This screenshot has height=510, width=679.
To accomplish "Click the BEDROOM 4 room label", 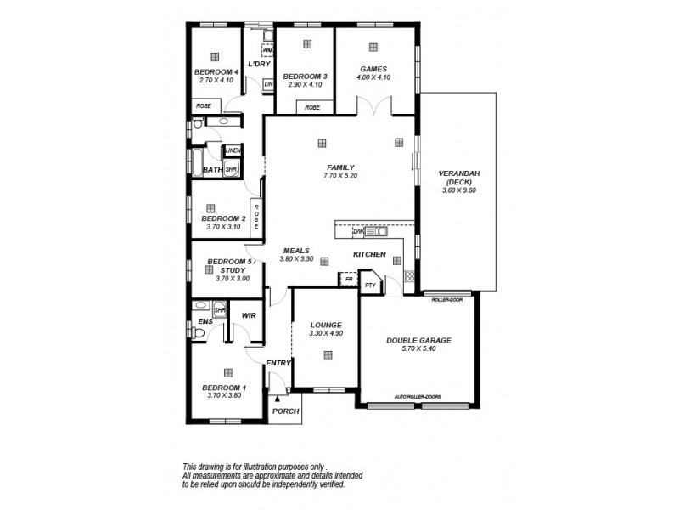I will [216, 72].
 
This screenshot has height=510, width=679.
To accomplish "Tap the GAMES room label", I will [373, 69].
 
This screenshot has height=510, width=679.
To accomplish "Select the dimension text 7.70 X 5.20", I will [339, 176].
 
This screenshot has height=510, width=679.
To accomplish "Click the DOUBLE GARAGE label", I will [418, 340].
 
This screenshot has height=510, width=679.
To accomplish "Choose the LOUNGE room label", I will [326, 325].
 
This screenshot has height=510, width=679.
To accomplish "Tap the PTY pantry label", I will [370, 286].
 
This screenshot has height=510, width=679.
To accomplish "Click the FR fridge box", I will [348, 278].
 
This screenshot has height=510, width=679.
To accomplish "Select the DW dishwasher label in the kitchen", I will [357, 230].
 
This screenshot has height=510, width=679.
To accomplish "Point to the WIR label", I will [249, 315].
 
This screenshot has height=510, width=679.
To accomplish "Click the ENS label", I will [205, 322].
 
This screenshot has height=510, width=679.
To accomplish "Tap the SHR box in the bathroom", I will [230, 170].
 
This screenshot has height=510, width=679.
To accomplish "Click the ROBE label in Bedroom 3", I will [312, 107].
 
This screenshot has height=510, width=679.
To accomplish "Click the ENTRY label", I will [278, 363].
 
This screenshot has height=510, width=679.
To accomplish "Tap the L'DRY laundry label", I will [258, 65].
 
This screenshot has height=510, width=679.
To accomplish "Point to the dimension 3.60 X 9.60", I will [460, 191].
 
